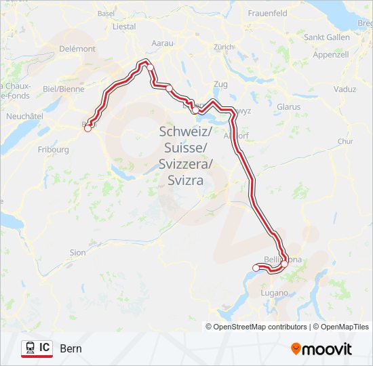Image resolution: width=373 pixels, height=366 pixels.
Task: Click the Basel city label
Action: click(x=106, y=13)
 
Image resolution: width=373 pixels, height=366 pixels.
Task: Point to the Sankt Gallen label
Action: click(x=327, y=37)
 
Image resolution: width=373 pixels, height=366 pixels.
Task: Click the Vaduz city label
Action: click(x=345, y=89)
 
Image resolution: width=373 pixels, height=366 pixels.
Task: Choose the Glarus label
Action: click(x=288, y=107)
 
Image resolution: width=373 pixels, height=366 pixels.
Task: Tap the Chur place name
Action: click(x=345, y=142)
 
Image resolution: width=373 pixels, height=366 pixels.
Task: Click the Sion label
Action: click(x=78, y=252)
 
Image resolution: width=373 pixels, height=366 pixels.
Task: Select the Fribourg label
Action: click(x=54, y=149)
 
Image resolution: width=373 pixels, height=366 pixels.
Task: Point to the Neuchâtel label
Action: click(x=24, y=117)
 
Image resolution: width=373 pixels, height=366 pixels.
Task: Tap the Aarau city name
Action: click(x=163, y=43)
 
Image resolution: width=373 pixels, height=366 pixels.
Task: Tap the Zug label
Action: click(x=220, y=84)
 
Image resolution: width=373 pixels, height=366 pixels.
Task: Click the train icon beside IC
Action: click(x=31, y=348)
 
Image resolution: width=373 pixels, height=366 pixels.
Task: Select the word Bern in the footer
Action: click(x=71, y=349)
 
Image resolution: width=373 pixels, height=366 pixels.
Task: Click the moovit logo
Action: click(x=321, y=348)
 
